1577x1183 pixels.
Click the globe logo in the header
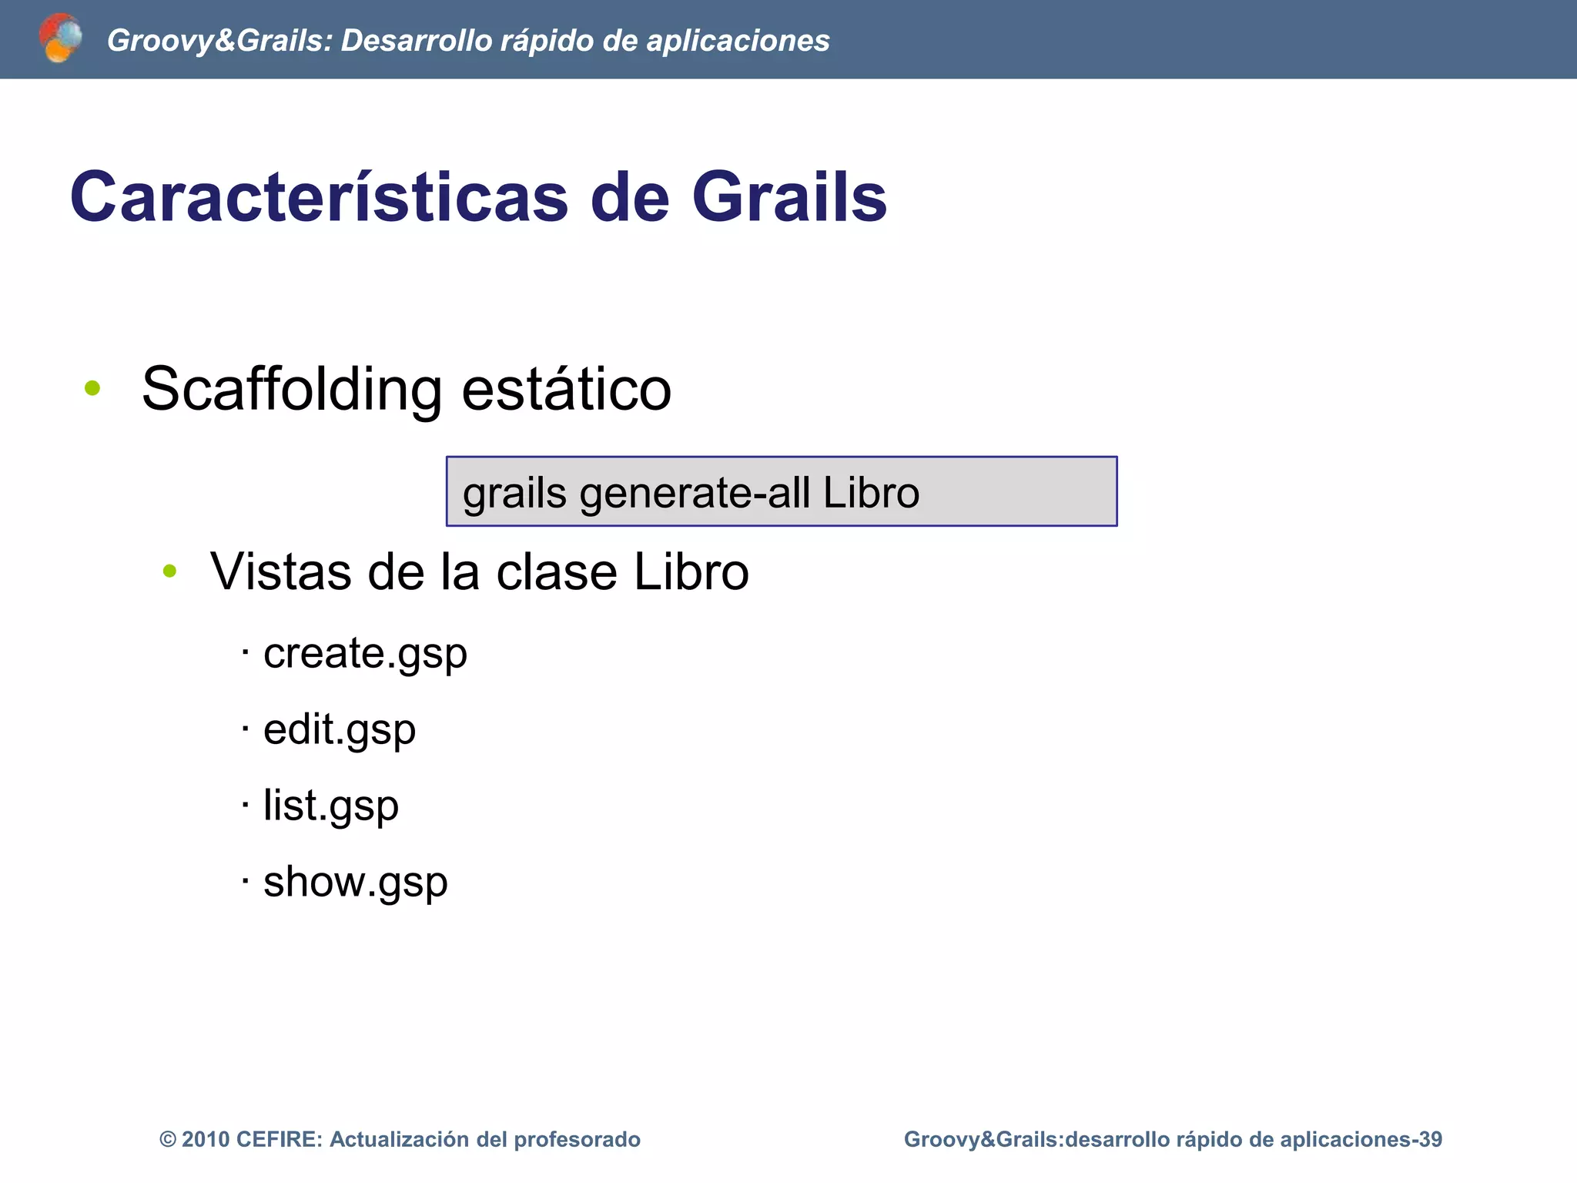[x=60, y=38]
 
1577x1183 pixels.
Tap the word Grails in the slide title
[x=789, y=197]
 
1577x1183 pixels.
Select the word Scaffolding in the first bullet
[x=292, y=389]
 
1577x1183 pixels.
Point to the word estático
[x=566, y=389]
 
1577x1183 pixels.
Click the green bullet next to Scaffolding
[x=92, y=388]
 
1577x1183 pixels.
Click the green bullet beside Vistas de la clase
[x=170, y=571]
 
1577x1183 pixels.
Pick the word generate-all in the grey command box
[x=695, y=493]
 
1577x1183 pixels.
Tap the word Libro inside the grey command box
[x=871, y=493]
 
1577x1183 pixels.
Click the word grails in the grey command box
[x=514, y=493]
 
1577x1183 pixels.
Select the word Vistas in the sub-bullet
[x=282, y=572]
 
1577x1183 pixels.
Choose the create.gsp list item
[x=365, y=654]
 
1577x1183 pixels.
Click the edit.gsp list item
[x=339, y=729]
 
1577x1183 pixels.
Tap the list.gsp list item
[x=330, y=806]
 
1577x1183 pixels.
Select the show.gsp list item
[x=355, y=882]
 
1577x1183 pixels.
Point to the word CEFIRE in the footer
[x=279, y=1139]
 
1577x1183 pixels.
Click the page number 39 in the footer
[x=1430, y=1139]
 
